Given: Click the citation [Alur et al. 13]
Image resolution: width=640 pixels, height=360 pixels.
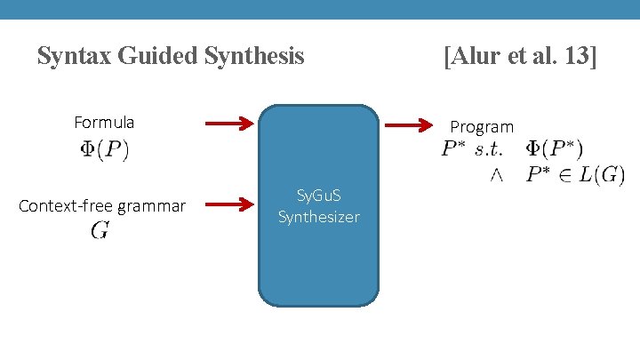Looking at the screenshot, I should click(x=520, y=57).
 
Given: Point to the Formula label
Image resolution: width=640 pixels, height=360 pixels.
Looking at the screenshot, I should click(x=104, y=122).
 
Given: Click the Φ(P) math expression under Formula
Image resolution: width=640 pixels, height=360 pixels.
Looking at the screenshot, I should click(x=104, y=148).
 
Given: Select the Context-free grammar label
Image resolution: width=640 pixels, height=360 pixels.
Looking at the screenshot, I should click(x=102, y=206).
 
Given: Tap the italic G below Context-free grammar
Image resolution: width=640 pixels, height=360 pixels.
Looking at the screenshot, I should click(x=100, y=231).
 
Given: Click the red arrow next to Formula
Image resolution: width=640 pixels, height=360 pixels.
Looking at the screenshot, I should click(x=228, y=124).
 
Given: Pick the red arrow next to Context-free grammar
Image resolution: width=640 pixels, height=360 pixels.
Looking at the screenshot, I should click(x=228, y=206).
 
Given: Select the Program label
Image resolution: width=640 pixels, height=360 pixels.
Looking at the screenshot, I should click(x=482, y=126).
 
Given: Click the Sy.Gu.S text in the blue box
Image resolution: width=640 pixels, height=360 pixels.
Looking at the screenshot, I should click(x=318, y=196).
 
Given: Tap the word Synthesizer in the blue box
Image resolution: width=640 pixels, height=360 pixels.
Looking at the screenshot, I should click(x=318, y=216).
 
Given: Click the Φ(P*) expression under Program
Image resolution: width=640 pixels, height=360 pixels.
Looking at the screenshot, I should click(x=555, y=148).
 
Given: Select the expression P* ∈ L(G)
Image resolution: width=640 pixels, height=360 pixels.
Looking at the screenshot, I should click(x=573, y=173).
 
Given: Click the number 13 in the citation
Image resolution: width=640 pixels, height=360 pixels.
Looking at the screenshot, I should click(x=580, y=57).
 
